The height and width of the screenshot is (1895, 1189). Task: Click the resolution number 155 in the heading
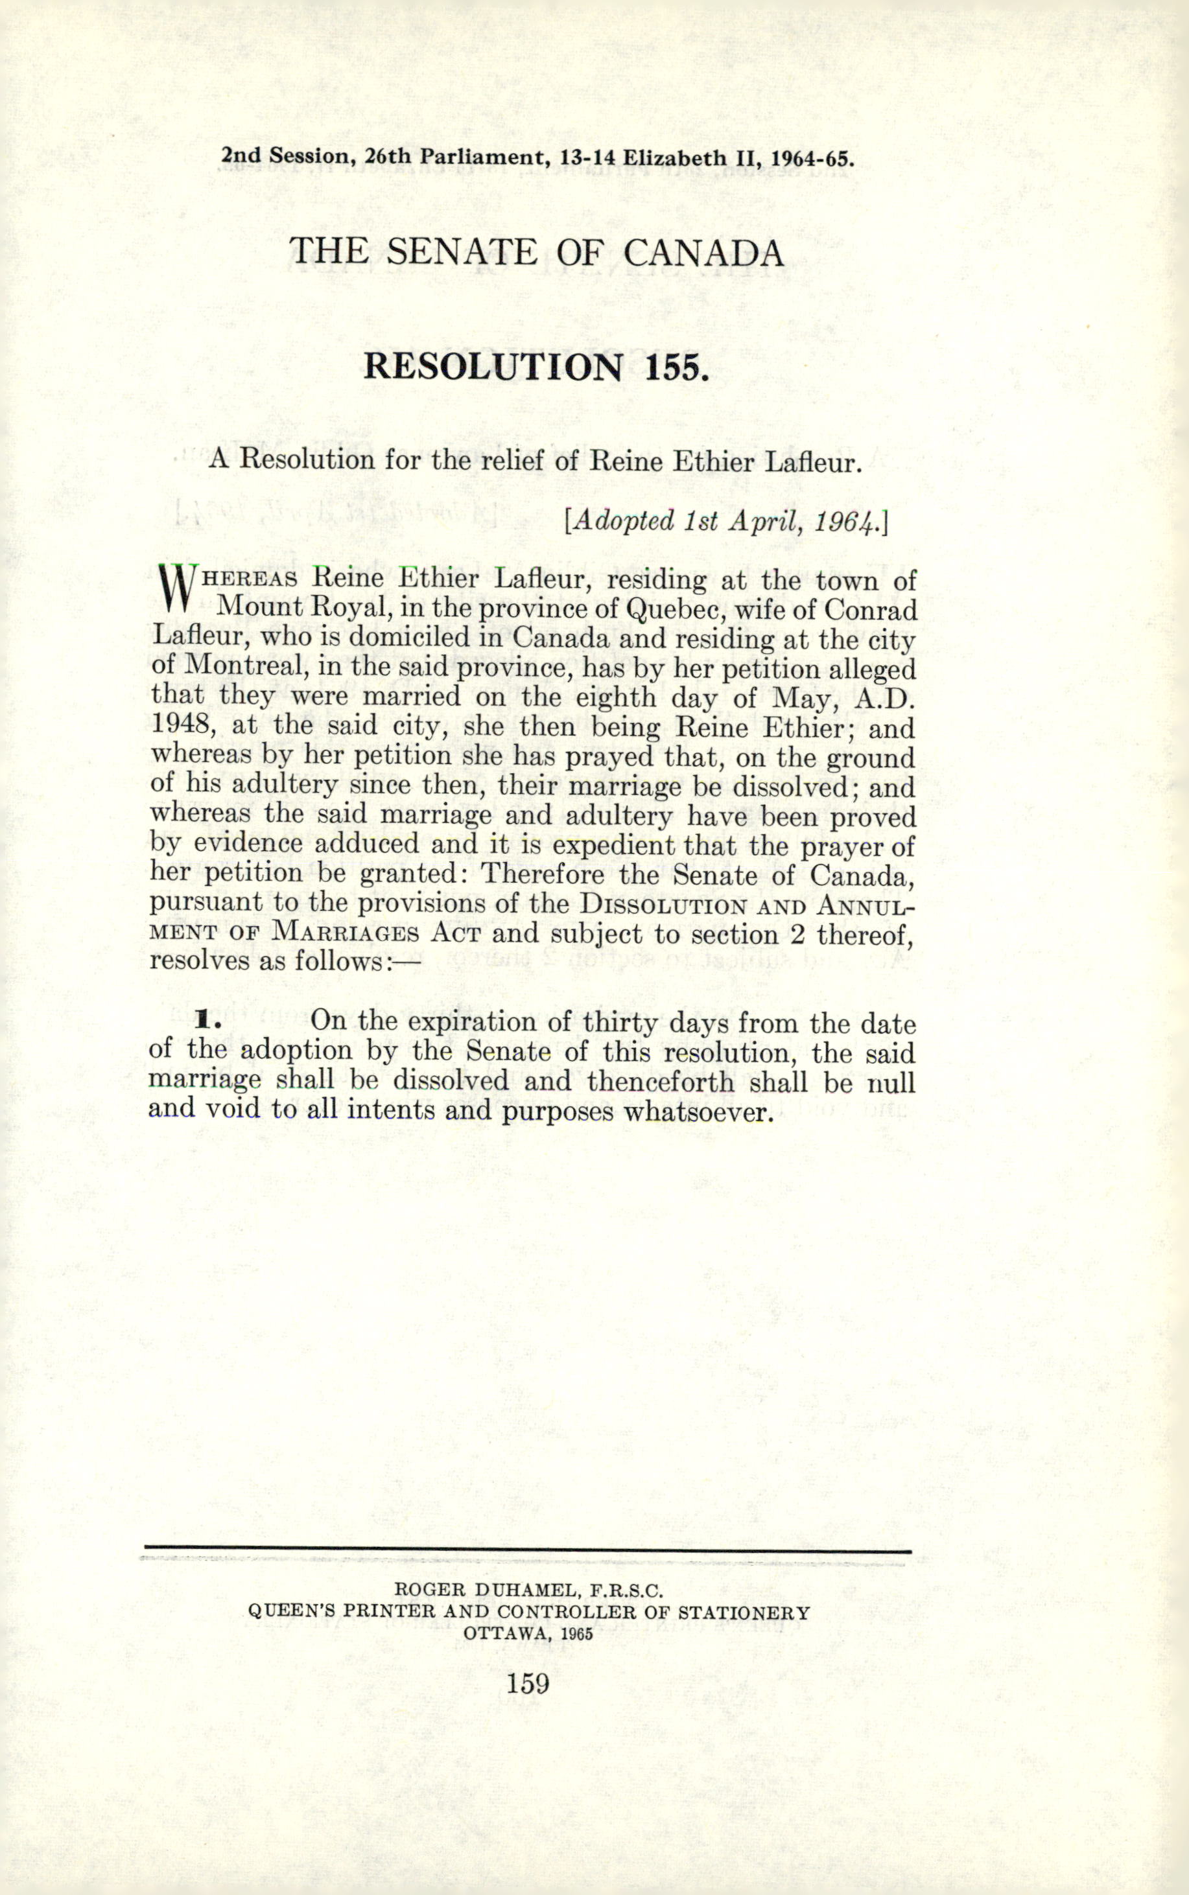pos(672,367)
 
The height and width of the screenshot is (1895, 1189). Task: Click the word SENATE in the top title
pos(462,252)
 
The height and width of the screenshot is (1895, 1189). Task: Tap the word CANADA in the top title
pos(704,252)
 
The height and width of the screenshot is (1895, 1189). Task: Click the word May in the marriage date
pos(803,697)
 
